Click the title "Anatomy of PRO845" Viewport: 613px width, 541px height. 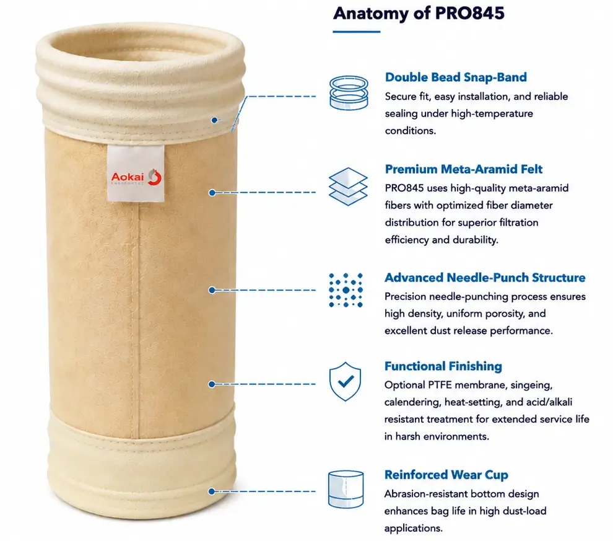pos(419,13)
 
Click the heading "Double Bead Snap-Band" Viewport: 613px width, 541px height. pos(456,77)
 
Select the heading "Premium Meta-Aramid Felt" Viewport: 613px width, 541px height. pos(464,169)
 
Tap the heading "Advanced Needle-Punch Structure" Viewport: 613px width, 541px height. pos(485,278)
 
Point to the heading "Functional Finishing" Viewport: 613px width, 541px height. pos(443,366)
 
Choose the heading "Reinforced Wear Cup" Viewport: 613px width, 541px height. pos(446,475)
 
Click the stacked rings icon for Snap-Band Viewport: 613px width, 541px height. pos(349,93)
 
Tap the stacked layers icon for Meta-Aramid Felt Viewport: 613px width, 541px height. pos(348,187)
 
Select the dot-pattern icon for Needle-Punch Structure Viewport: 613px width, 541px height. pos(346,290)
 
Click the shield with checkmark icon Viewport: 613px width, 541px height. pos(346,381)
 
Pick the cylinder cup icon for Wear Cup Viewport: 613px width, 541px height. pos(346,490)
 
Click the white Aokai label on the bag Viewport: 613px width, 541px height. pos(136,174)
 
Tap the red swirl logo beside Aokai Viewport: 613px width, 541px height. pos(155,177)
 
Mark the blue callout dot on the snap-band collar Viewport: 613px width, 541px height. pos(214,120)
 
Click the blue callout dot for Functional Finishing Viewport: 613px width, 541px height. pos(212,384)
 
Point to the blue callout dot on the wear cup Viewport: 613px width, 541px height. pos(212,491)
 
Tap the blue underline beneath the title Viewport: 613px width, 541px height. pos(356,32)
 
